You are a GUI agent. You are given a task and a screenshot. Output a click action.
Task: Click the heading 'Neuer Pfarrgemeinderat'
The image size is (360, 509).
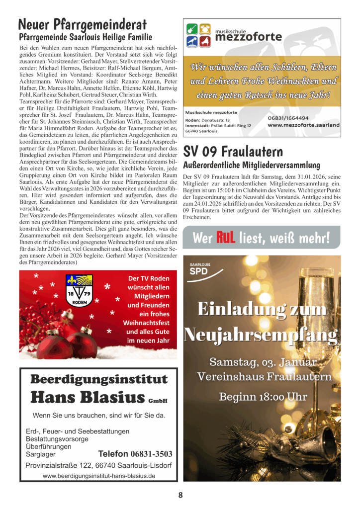(x=82, y=24)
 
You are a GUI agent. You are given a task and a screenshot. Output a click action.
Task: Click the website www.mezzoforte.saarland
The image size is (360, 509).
(x=302, y=126)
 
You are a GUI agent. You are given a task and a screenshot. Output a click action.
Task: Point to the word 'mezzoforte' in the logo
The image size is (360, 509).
(x=249, y=37)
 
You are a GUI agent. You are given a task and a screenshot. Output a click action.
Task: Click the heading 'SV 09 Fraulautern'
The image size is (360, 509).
(x=233, y=151)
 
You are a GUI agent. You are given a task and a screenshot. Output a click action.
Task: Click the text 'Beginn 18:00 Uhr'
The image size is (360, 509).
(x=263, y=397)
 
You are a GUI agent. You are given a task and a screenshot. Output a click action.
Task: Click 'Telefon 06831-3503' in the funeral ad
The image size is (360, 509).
(x=135, y=454)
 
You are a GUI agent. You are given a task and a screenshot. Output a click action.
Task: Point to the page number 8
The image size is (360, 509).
(x=180, y=495)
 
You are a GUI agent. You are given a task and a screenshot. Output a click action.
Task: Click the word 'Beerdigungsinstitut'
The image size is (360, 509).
(x=99, y=380)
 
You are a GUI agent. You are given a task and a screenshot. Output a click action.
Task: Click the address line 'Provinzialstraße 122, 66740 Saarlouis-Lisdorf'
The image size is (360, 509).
(x=99, y=465)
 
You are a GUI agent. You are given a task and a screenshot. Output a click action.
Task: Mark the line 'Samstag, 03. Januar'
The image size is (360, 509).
(x=263, y=361)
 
